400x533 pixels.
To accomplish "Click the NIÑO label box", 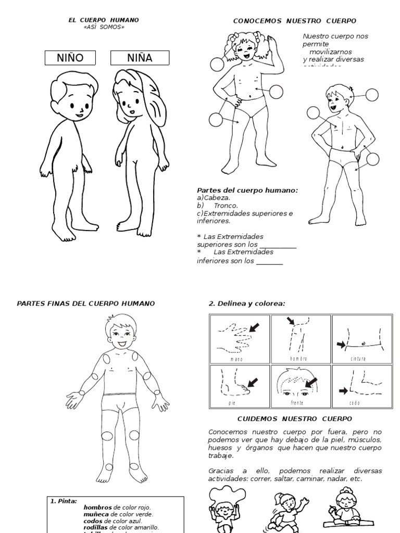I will [x=70, y=58].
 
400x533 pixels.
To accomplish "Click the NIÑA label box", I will [x=140, y=58].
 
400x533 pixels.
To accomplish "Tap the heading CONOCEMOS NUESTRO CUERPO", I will [x=294, y=21].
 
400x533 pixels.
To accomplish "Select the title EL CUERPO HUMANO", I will [x=104, y=20].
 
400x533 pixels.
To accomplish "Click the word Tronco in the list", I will [x=226, y=205].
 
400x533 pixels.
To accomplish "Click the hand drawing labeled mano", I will [x=238, y=338].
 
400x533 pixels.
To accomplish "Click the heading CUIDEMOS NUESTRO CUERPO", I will [x=295, y=418].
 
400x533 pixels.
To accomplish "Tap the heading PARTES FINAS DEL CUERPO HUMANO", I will [x=86, y=303].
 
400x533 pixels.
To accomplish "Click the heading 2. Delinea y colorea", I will [x=247, y=303].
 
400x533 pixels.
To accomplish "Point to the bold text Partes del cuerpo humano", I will [x=247, y=191].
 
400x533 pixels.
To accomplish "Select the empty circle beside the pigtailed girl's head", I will [x=217, y=65].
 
